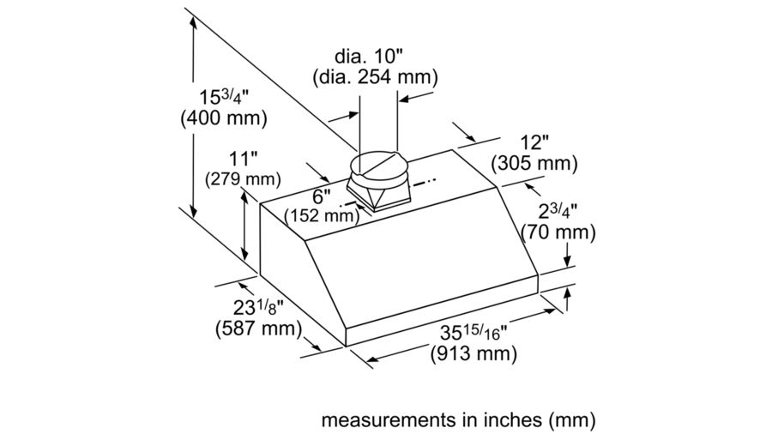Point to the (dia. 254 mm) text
pyautogui.click(x=374, y=77)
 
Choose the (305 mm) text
pyautogui.click(x=533, y=163)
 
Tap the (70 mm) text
pyautogui.click(x=558, y=232)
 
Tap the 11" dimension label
pyautogui.click(x=244, y=159)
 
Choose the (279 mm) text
pyautogui.click(x=244, y=179)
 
